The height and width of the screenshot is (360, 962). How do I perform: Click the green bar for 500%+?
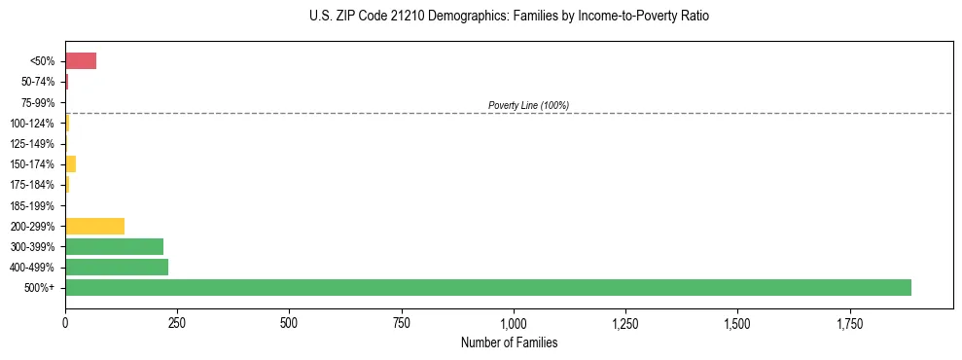pyautogui.click(x=487, y=287)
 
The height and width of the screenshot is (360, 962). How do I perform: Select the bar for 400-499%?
pyautogui.click(x=117, y=267)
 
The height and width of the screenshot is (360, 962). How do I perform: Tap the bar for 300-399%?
pyautogui.click(x=114, y=246)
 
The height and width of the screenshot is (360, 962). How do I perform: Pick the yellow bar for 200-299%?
pyautogui.click(x=94, y=226)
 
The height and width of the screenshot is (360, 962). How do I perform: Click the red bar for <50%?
pyautogui.click(x=81, y=61)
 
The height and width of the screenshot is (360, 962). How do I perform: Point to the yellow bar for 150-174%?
pyautogui.click(x=70, y=163)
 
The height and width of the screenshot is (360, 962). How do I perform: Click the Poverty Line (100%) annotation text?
pyautogui.click(x=528, y=105)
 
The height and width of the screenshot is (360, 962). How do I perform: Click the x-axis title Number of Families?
pyautogui.click(x=509, y=342)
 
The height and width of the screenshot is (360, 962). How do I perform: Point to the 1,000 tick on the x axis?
pyautogui.click(x=513, y=322)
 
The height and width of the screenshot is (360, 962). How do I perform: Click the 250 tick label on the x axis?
pyautogui.click(x=177, y=322)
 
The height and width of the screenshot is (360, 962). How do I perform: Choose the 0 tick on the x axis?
pyautogui.click(x=65, y=322)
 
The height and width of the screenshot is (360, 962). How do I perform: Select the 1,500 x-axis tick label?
pyautogui.click(x=737, y=322)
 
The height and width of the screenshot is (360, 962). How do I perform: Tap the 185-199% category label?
pyautogui.click(x=33, y=205)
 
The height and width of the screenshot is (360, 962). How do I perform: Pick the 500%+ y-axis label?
pyautogui.click(x=40, y=288)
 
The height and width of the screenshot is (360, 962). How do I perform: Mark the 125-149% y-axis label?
pyautogui.click(x=33, y=144)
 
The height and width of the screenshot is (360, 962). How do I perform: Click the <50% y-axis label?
pyautogui.click(x=42, y=61)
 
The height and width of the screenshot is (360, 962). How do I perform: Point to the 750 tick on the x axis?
pyautogui.click(x=401, y=322)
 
